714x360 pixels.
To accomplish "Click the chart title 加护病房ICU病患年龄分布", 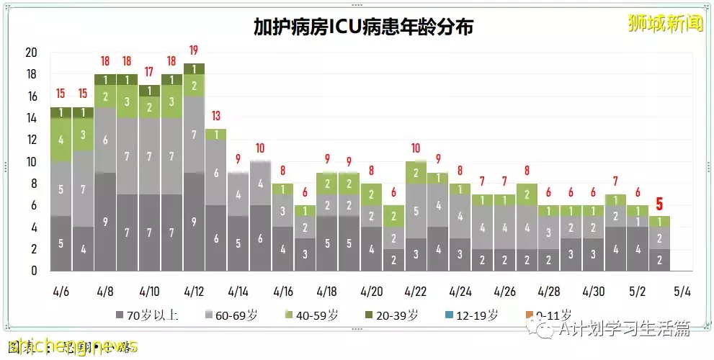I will (363, 27).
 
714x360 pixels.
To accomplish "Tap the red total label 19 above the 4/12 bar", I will (194, 50).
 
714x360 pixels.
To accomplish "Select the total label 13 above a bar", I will (216, 117).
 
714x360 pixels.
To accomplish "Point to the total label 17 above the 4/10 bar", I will (150, 72).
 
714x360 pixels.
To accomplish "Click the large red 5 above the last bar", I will (659, 204).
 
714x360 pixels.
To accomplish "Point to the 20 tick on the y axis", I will (31, 53).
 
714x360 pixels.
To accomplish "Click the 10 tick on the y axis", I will (31, 162).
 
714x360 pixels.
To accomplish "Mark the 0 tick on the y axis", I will (34, 271).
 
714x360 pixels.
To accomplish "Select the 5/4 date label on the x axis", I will (682, 292).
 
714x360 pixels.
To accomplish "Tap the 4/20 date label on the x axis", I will (371, 292).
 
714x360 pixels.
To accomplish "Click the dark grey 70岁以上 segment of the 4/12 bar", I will (194, 222).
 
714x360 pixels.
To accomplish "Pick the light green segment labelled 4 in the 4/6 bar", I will (61, 140).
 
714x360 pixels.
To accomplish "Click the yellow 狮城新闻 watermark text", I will (665, 23).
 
